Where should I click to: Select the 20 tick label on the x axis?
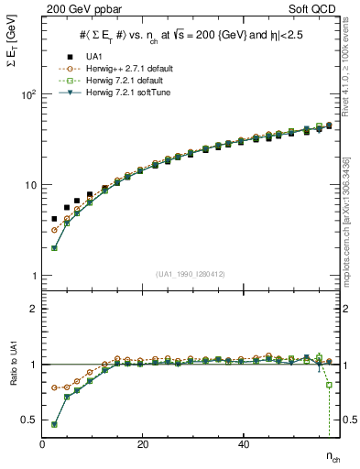[x=142, y=444]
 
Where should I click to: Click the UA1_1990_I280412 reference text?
[x=190, y=273]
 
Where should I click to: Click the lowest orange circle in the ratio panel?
[x=55, y=387]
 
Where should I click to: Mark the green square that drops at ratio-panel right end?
[x=329, y=385]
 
